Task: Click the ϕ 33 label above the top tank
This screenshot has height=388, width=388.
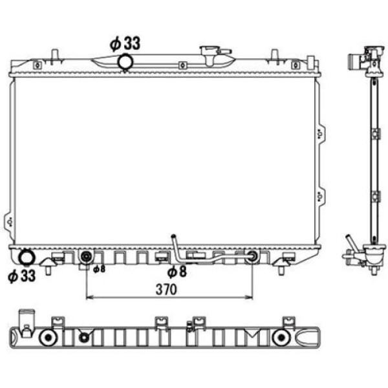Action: click(x=125, y=43)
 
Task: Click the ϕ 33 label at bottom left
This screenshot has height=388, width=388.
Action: click(x=22, y=275)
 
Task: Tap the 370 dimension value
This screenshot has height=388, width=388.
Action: click(x=166, y=289)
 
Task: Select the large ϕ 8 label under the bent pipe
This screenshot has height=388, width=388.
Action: click(x=177, y=272)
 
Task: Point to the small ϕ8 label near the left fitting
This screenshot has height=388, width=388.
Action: click(x=99, y=269)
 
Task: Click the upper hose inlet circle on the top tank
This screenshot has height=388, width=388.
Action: click(x=125, y=62)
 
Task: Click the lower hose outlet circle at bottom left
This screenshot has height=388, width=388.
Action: click(x=27, y=257)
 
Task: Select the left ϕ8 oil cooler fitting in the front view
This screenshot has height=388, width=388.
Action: click(x=86, y=257)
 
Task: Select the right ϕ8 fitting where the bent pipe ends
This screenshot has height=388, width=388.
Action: click(x=252, y=256)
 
